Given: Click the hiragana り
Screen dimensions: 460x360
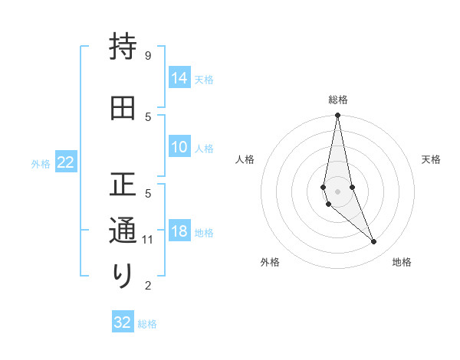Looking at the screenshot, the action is (123, 275).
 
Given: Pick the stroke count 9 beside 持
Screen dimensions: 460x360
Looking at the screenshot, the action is (147, 56).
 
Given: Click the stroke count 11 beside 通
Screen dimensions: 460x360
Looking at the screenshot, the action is (149, 240).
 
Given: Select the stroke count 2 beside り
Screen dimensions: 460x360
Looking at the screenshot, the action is (147, 286).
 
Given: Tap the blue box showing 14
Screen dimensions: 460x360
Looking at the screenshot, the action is (179, 77).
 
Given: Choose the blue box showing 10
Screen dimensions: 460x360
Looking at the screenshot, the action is (179, 147).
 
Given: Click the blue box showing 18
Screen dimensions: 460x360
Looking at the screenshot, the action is (179, 231).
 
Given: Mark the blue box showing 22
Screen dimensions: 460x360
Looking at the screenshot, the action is (66, 162).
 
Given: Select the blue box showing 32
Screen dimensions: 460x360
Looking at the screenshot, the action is (123, 322).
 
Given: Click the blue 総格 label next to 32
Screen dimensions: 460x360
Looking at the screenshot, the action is (147, 323).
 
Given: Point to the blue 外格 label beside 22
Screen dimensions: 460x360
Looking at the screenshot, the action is (41, 163).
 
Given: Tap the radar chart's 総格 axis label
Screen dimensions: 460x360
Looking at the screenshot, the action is (338, 100).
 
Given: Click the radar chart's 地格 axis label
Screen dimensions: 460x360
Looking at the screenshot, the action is (402, 262).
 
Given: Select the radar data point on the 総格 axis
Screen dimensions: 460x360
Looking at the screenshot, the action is (337, 116).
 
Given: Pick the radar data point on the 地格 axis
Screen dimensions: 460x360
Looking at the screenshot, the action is (373, 242).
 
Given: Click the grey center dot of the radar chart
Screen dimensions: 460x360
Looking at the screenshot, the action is (337, 191).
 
